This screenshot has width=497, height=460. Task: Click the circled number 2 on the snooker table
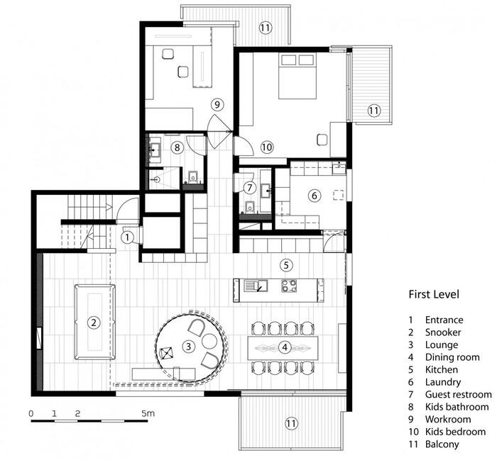94,322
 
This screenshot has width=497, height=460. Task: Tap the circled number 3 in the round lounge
189,346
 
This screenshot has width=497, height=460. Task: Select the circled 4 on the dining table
285,347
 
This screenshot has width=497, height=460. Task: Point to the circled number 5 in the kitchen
286,265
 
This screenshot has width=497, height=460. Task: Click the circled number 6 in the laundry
314,195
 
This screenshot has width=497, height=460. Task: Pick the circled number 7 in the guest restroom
250,188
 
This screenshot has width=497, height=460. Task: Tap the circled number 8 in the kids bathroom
177,147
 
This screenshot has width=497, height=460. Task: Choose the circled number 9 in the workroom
217,104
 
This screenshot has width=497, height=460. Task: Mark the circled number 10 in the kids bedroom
267,147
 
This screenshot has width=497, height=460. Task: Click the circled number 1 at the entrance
127,237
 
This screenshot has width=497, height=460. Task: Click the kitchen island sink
256,286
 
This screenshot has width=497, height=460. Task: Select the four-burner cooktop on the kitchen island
289,286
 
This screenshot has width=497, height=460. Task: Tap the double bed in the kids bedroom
297,76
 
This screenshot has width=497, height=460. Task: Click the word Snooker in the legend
443,332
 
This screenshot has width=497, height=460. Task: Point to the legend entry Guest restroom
459,394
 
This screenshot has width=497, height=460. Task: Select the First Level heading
434,294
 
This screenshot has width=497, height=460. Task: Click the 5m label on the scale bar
148,413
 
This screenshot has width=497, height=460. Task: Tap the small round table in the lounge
209,342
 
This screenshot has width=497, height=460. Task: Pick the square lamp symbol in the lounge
166,353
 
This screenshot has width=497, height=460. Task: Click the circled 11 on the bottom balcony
291,423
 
